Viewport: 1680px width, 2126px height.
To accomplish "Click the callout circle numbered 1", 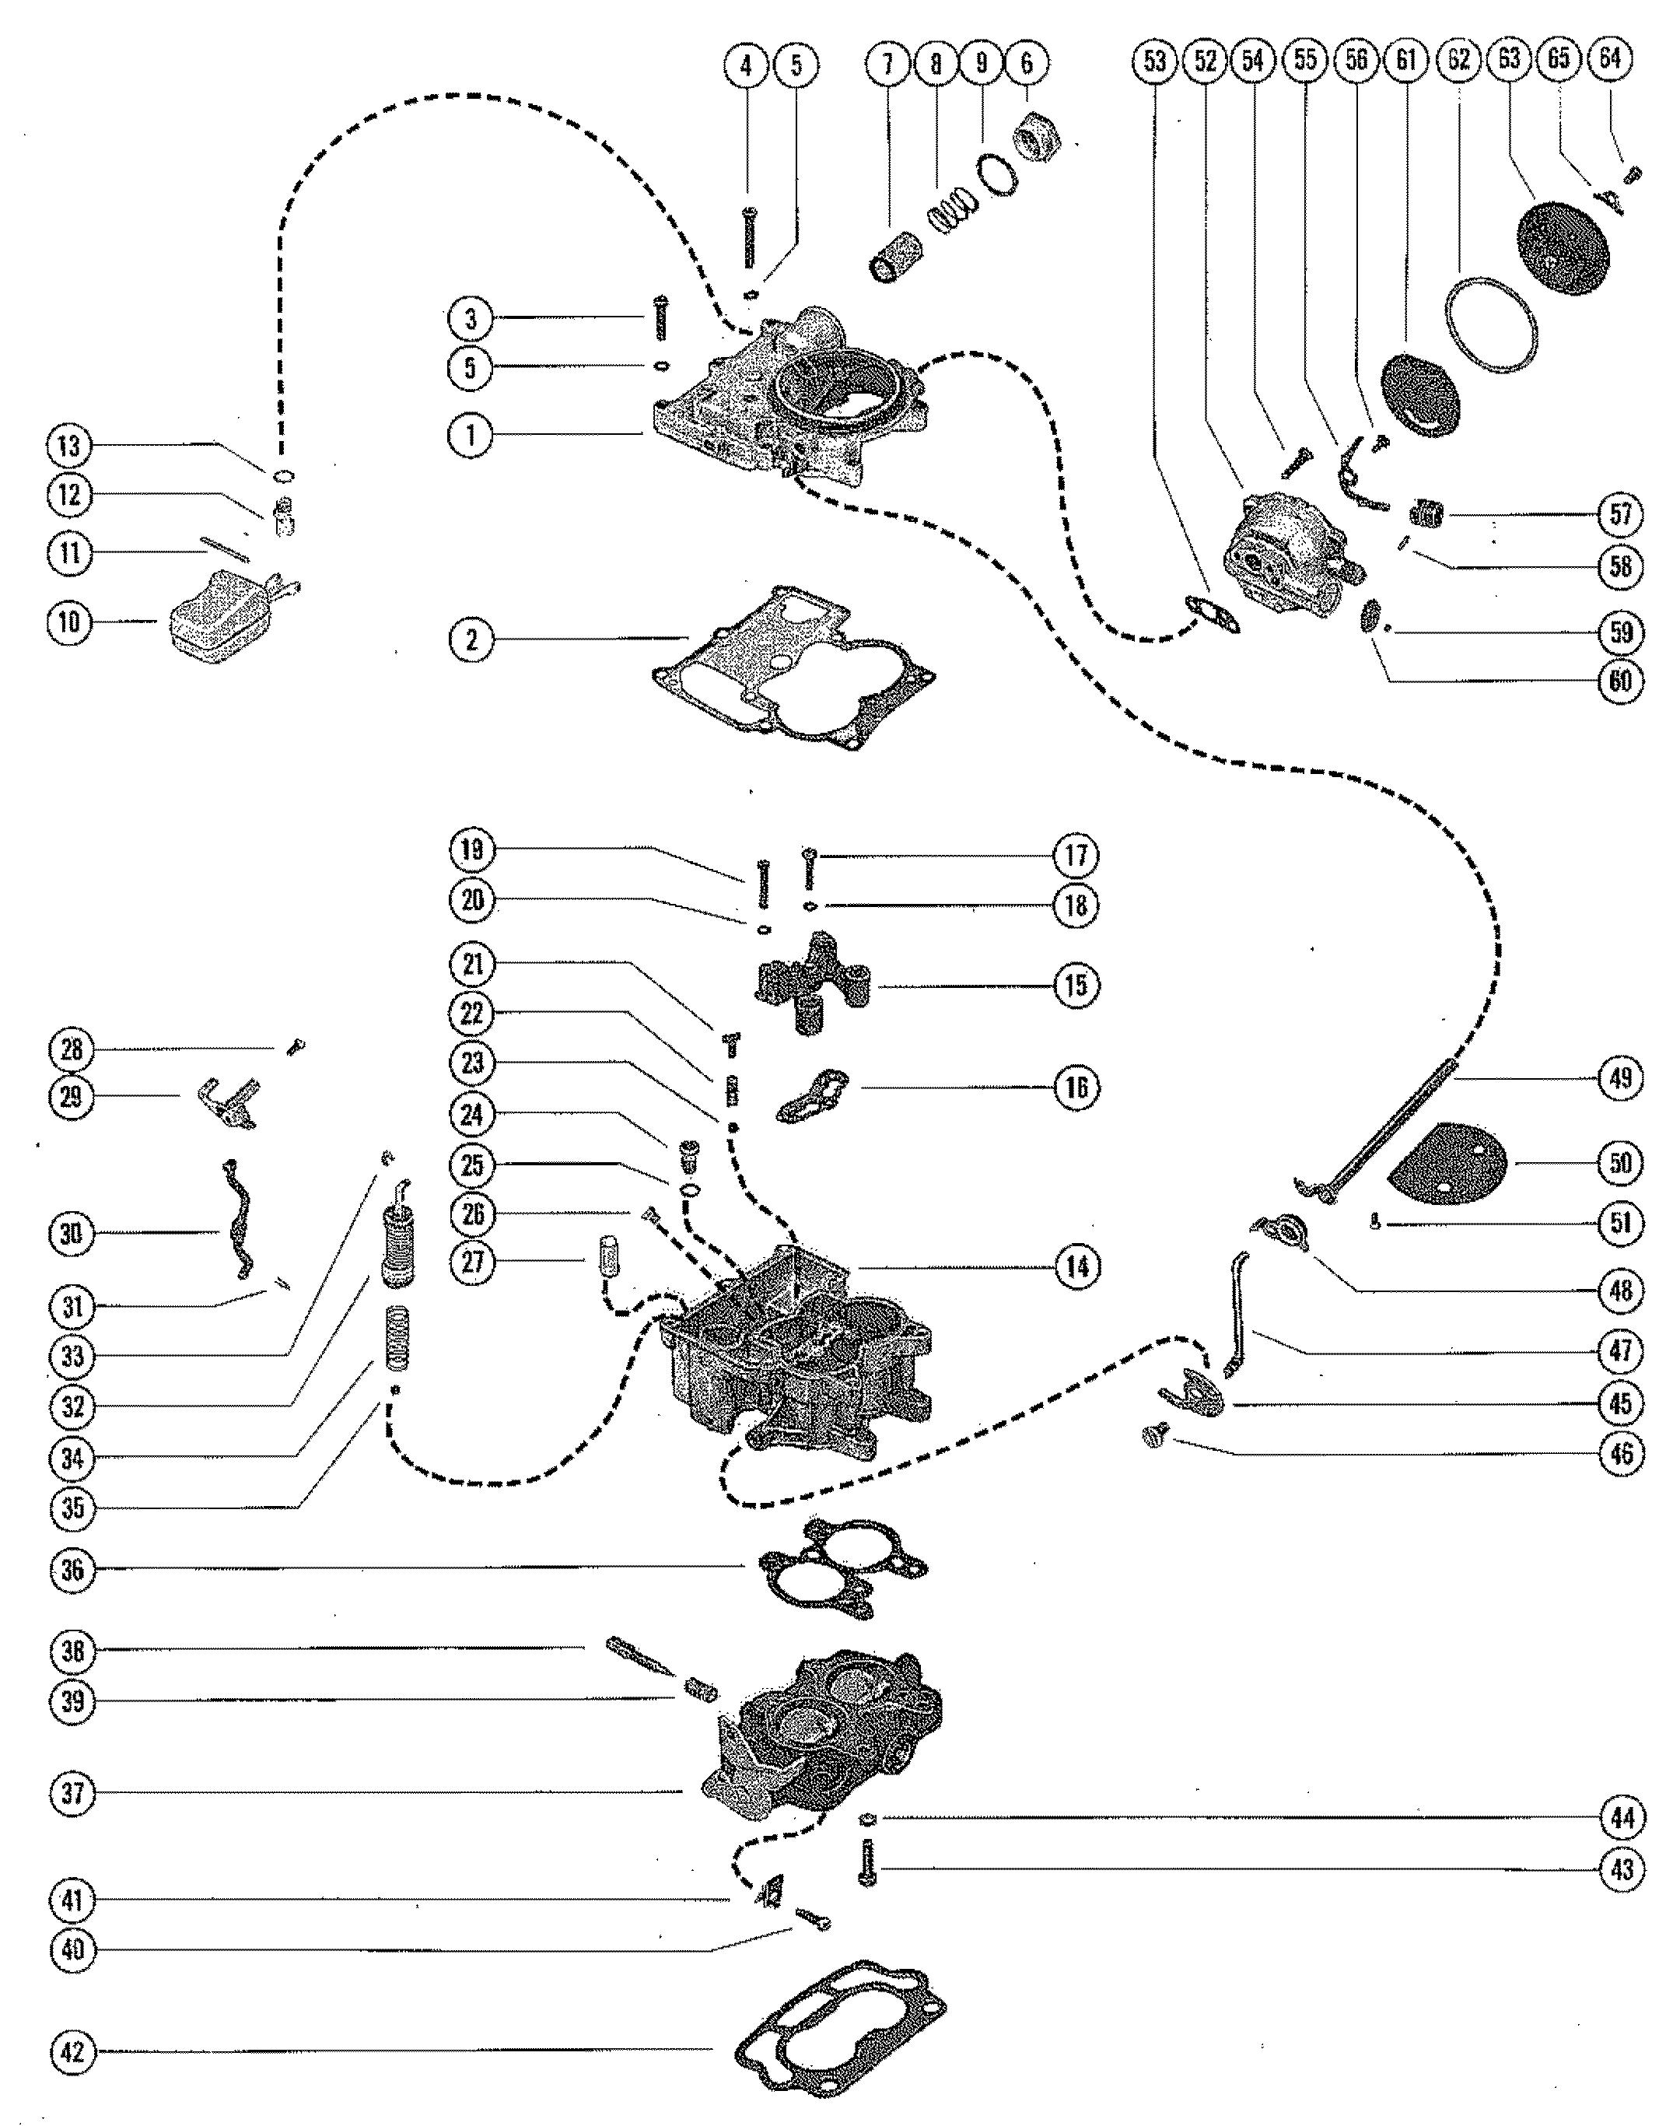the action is coord(471,434).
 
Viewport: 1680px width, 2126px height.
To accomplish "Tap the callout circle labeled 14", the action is coord(1076,1266).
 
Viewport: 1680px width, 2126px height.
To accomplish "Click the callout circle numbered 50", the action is coord(1620,1162).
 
